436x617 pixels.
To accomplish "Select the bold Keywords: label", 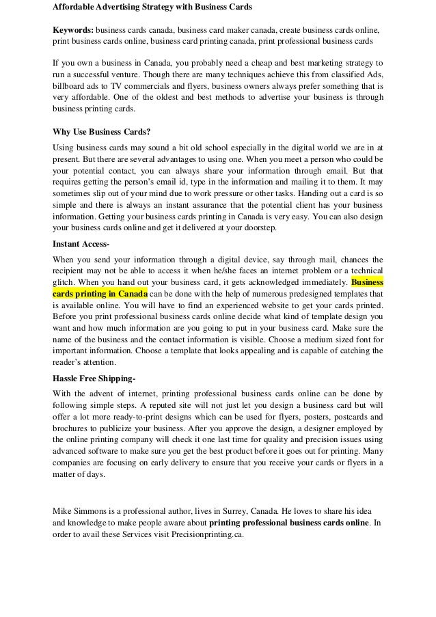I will pyautogui.click(x=74, y=31).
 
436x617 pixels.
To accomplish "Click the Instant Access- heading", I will pyautogui.click(x=81, y=243).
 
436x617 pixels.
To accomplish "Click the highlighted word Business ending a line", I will pyautogui.click(x=366, y=281).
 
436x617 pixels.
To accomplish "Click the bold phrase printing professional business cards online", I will pyautogui.click(x=289, y=523).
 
